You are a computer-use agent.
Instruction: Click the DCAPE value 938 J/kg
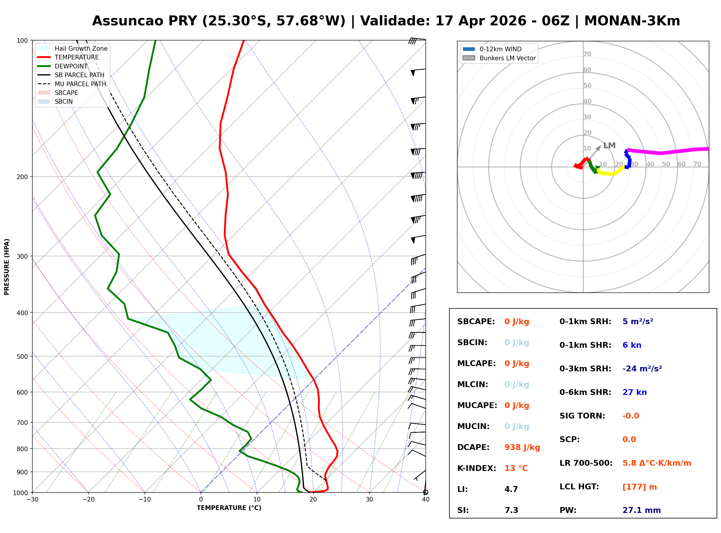click(522, 447)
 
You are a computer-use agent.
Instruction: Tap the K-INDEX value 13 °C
click(516, 468)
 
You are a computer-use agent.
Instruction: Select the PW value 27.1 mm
click(641, 510)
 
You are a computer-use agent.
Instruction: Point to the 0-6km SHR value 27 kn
click(634, 392)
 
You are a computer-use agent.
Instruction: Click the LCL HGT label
click(579, 487)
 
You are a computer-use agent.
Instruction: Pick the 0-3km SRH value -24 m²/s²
click(642, 369)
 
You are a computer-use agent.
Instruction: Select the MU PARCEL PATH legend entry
click(80, 84)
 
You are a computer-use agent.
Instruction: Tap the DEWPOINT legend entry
click(71, 66)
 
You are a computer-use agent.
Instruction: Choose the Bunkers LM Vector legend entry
click(507, 58)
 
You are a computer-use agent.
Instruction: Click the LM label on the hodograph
click(609, 146)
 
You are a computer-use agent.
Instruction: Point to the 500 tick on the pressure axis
click(22, 356)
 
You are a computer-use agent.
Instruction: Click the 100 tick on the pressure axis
click(22, 40)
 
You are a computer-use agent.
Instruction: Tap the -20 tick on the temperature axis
click(88, 500)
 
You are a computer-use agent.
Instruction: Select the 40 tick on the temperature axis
click(425, 500)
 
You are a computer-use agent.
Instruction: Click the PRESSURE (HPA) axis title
click(7, 267)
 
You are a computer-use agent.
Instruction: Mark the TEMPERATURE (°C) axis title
click(229, 508)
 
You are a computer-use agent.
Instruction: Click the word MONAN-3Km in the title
click(632, 21)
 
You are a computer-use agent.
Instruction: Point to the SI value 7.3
click(511, 510)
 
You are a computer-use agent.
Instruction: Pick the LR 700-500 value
click(657, 463)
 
